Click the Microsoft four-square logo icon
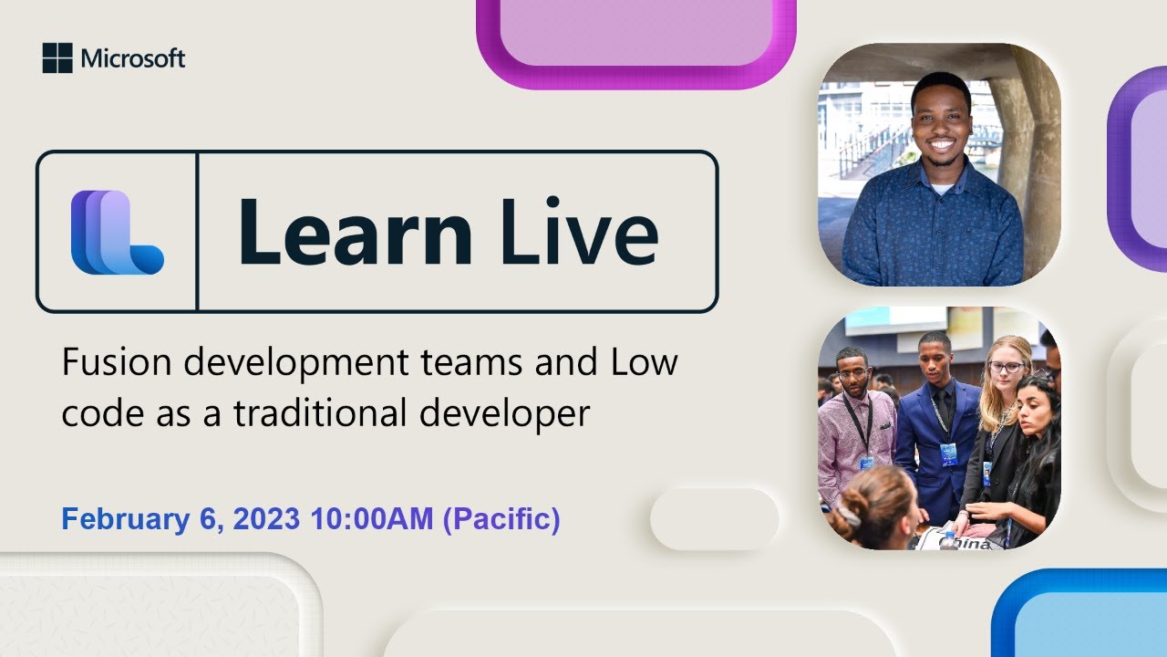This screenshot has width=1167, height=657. pyautogui.click(x=57, y=58)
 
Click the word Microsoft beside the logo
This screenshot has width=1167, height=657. pyautogui.click(x=133, y=59)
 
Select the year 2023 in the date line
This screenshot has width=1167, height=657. pyautogui.click(x=265, y=519)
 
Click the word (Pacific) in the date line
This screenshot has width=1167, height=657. pyautogui.click(x=501, y=519)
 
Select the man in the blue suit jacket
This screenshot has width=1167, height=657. pyautogui.click(x=937, y=420)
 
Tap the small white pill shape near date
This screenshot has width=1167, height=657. pyautogui.click(x=714, y=518)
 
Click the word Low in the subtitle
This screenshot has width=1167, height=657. pyautogui.click(x=638, y=363)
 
